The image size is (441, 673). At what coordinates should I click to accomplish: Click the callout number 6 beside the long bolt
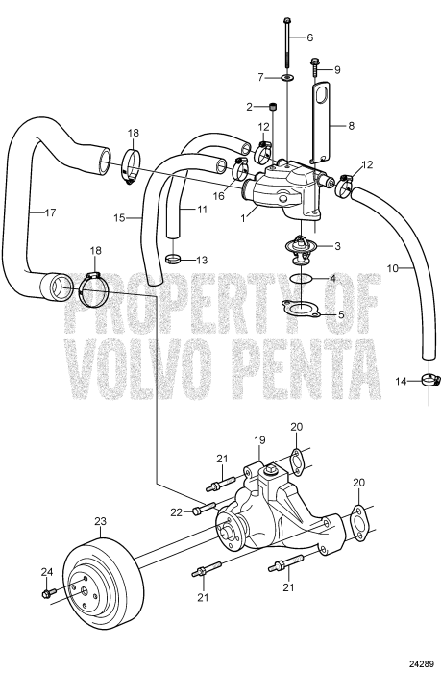[309, 37]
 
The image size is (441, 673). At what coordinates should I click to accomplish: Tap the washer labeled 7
[287, 78]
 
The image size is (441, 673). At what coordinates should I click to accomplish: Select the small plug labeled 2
[273, 107]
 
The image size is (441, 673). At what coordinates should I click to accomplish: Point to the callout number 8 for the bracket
[352, 126]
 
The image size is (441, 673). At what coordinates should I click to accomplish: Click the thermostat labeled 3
[302, 250]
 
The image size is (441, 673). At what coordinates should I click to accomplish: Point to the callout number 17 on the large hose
[50, 212]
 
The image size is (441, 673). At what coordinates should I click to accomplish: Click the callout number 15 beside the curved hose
[119, 218]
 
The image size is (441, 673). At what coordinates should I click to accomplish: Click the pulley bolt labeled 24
[49, 593]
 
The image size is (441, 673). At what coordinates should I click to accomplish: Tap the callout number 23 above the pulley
[100, 521]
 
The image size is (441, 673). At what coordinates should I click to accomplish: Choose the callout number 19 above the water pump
[259, 440]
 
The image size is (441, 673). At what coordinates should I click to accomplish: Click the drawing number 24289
[422, 665]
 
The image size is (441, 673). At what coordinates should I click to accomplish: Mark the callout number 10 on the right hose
[393, 268]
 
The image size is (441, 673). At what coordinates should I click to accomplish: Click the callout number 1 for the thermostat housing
[243, 218]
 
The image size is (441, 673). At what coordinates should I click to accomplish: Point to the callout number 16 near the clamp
[219, 196]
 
